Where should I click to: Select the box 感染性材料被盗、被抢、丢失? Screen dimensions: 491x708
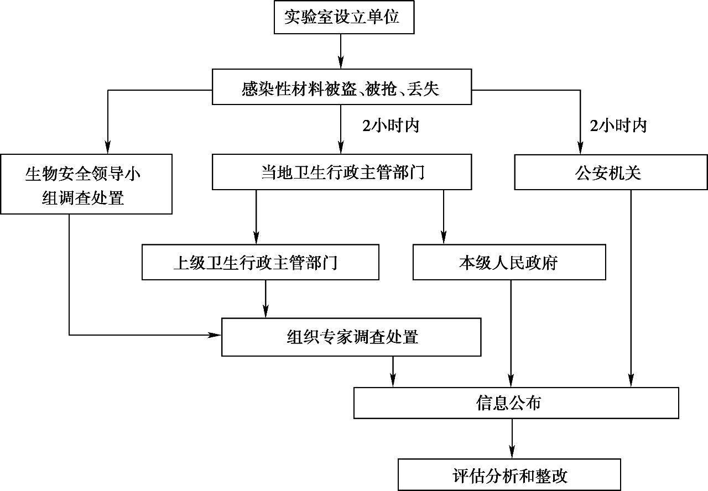[342, 87]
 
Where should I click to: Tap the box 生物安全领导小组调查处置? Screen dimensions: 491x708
[86, 184]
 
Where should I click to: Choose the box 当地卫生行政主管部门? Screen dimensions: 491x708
[342, 172]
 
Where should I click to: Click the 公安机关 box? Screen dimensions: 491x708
[611, 172]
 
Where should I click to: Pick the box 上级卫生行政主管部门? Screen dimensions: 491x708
[261, 262]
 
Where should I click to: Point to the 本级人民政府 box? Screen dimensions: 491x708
[509, 262]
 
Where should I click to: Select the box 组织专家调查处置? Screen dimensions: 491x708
[351, 337]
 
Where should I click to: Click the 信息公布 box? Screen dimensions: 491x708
[516, 402]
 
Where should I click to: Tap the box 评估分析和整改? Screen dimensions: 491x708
[509, 475]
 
